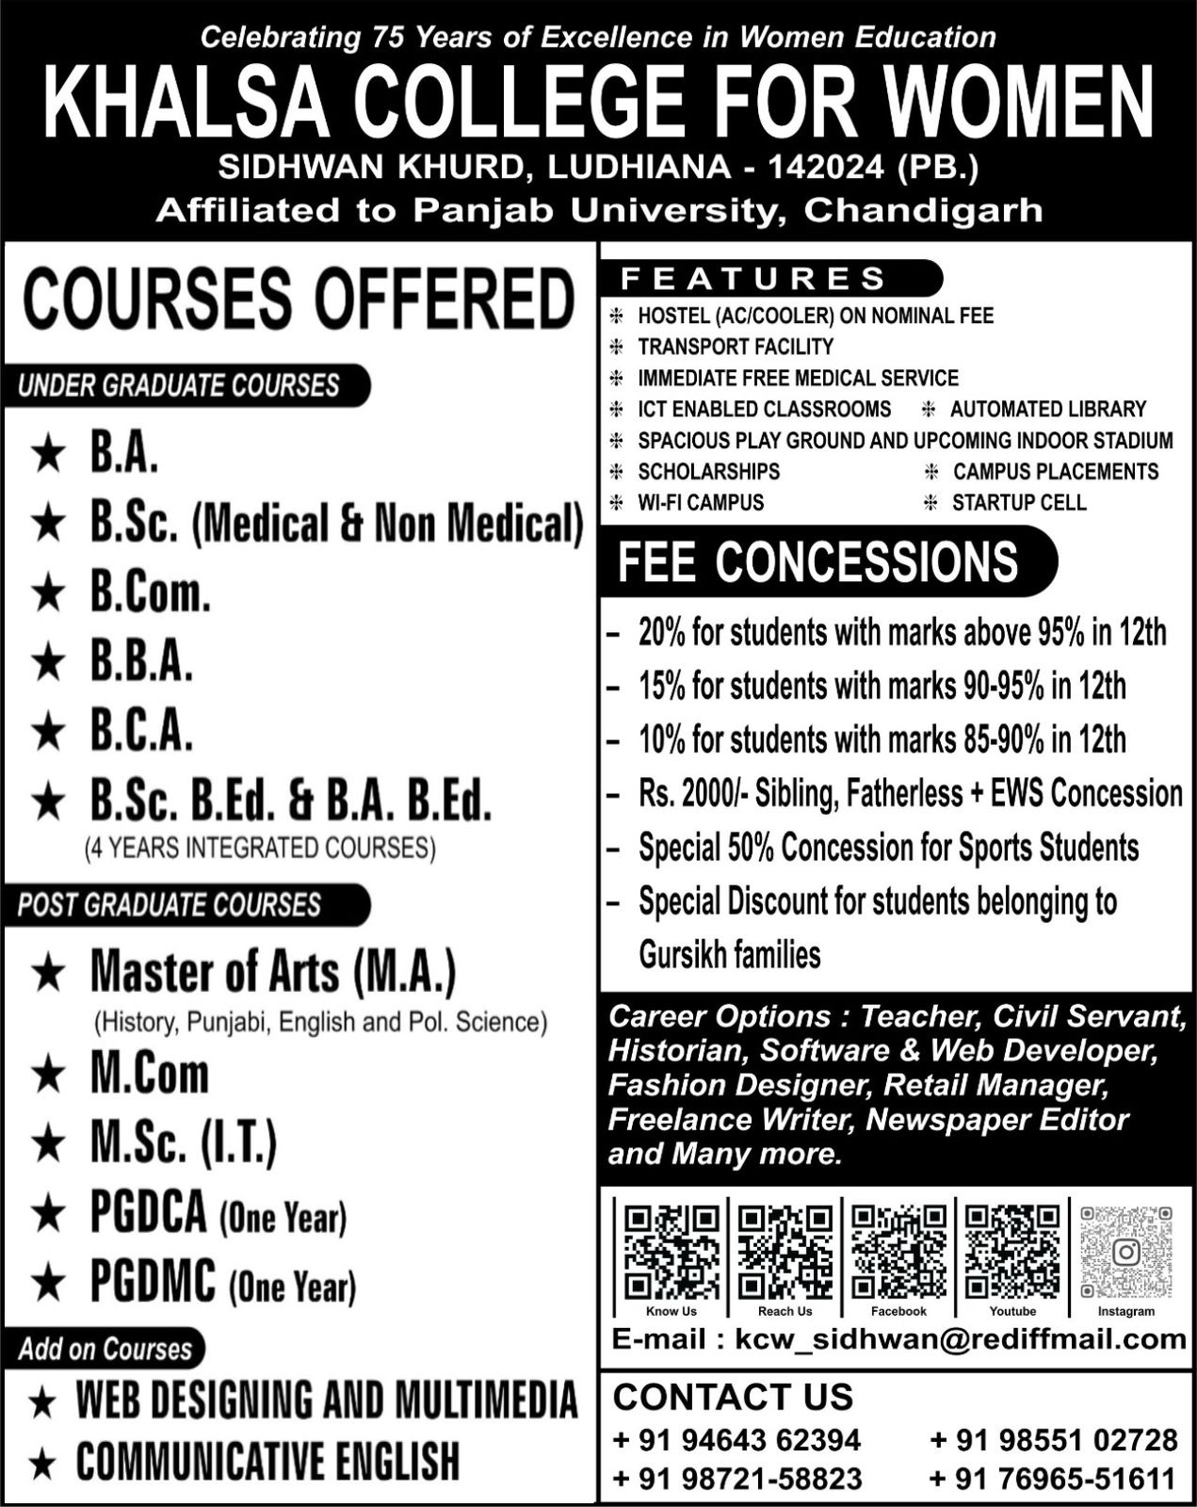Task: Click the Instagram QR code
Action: tap(1126, 1252)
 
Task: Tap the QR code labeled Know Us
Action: tap(671, 1252)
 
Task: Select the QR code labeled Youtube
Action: tap(1012, 1252)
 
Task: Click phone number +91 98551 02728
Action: tap(1053, 1440)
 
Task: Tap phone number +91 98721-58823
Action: tap(736, 1479)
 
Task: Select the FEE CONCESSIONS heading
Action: tap(817, 561)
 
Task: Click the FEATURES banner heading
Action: tap(753, 279)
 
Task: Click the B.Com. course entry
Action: tap(150, 593)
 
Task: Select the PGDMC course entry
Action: tap(222, 1283)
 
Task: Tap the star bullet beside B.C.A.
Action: tap(48, 733)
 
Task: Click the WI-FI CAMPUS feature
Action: tap(701, 502)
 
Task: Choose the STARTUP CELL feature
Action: tap(1019, 502)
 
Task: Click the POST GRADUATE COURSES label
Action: tap(170, 905)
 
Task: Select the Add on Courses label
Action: tap(105, 1349)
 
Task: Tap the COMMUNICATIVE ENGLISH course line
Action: tap(267, 1462)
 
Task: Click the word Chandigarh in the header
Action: tap(923, 209)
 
